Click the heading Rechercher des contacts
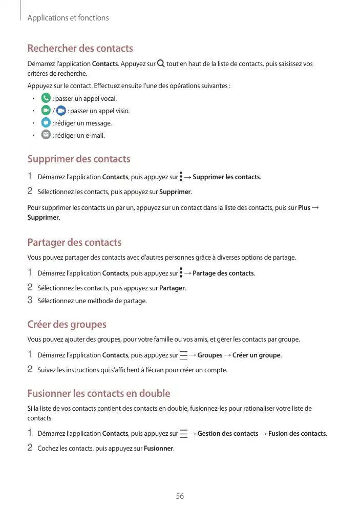(x=80, y=49)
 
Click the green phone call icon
(x=46, y=98)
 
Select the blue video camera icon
(x=61, y=111)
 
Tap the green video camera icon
(x=46, y=111)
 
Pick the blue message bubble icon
(x=46, y=123)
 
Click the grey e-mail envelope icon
(x=46, y=135)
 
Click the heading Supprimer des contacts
(x=78, y=159)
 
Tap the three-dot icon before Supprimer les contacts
(x=181, y=177)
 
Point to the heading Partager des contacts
(x=74, y=242)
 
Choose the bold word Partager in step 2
(x=172, y=288)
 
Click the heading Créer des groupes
(x=67, y=325)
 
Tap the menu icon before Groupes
(x=183, y=355)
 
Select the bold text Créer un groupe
(x=257, y=355)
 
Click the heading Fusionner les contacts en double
(x=98, y=394)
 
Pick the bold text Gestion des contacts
(x=227, y=434)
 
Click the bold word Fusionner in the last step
(x=159, y=449)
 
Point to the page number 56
(x=180, y=496)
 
